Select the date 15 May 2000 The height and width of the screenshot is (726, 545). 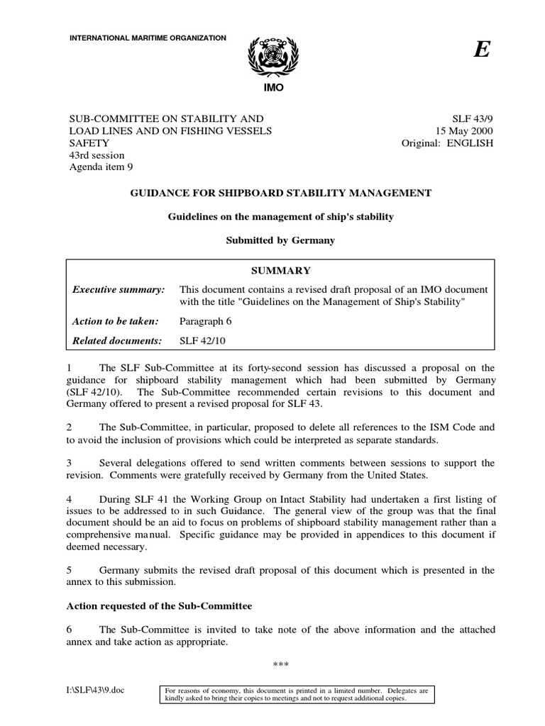tap(462, 131)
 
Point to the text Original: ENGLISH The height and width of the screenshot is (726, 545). tap(447, 143)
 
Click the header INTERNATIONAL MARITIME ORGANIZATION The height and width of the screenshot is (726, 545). tap(147, 37)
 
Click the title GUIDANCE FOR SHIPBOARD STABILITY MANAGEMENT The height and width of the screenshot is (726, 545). tap(279, 192)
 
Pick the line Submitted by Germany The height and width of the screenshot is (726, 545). tap(280, 240)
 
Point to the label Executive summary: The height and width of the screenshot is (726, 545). tap(119, 290)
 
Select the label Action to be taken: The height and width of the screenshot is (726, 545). tap(114, 321)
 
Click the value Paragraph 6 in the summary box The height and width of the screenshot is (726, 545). tap(206, 321)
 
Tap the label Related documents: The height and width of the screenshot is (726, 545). tap(118, 341)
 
